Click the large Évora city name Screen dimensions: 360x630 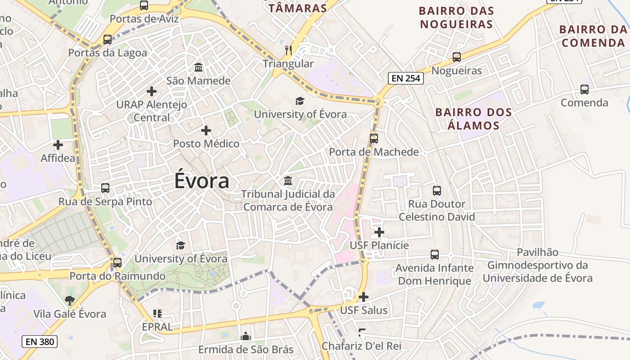point(202,181)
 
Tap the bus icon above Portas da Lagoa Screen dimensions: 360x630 point(107,40)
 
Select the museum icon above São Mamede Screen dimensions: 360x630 point(198,67)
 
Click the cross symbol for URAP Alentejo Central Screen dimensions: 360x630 point(152,91)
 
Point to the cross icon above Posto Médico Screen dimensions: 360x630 point(206,130)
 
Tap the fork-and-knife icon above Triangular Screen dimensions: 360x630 point(288,50)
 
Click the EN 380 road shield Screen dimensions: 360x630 point(40,342)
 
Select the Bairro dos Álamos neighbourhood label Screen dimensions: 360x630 point(474,119)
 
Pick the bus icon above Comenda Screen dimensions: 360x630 point(584,90)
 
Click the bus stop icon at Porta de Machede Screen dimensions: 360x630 point(374,139)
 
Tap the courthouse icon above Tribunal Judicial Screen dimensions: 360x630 point(288,181)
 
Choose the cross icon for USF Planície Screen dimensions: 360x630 point(379,232)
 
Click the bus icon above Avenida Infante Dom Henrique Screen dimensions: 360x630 point(435,255)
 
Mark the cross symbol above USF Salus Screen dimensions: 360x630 point(364,297)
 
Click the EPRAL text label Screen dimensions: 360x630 point(157,327)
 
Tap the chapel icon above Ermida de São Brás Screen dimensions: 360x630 point(246,336)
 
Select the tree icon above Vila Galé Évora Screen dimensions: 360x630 point(70,300)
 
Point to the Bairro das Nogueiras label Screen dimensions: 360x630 point(456,17)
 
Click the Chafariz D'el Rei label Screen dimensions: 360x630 point(361,346)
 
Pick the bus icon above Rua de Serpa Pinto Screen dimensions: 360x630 point(105,188)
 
